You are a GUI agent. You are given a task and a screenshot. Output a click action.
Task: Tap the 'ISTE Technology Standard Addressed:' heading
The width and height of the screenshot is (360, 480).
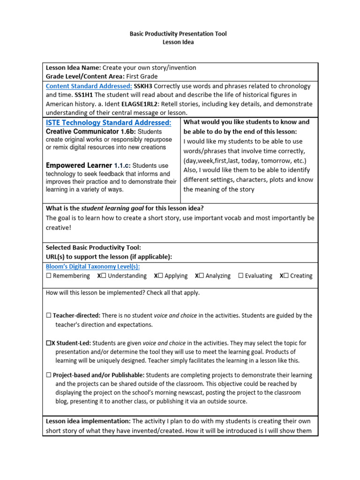click(108, 123)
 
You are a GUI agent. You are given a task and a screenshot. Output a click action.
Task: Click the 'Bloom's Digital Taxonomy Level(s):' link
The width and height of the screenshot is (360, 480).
click(93, 267)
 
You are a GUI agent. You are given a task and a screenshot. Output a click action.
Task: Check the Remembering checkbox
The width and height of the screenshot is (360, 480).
click(49, 276)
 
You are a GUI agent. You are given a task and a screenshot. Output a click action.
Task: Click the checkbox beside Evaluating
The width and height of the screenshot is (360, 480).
click(241, 276)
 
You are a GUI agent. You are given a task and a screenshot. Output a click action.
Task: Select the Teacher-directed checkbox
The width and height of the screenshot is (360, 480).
click(49, 316)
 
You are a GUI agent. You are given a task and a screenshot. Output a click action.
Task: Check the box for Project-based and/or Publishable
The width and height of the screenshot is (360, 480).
click(49, 375)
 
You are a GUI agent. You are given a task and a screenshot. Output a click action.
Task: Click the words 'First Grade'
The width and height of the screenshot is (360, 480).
click(142, 76)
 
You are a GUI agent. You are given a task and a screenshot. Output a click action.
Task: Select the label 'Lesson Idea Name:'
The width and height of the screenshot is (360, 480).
click(73, 67)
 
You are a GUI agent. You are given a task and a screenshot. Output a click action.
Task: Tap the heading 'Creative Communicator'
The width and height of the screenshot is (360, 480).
click(79, 132)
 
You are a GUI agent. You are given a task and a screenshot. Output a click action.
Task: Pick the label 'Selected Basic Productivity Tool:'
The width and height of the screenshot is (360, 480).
click(93, 247)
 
